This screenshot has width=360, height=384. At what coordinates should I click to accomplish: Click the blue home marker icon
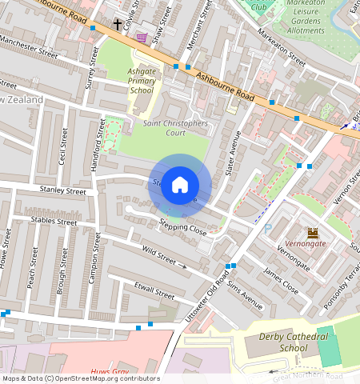point(180,185)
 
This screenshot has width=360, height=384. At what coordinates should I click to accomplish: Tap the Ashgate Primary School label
point(142,81)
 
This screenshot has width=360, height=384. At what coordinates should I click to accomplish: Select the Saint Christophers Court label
point(175,128)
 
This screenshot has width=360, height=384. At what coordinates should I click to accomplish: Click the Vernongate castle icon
point(313,233)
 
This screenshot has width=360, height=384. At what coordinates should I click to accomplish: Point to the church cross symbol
point(118,24)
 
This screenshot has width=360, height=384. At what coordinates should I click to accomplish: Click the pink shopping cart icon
point(142,37)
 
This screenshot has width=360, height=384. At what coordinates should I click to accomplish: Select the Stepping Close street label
point(182,226)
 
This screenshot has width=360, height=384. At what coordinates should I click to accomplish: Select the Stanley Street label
point(62,191)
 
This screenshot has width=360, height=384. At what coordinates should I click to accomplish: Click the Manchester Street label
point(30,46)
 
